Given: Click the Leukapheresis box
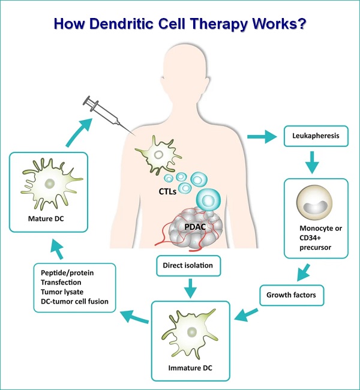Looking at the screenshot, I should pyautogui.click(x=315, y=136).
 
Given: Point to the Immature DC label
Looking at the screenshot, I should pyautogui.click(x=191, y=365).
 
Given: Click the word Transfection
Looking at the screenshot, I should pyautogui.click(x=56, y=282).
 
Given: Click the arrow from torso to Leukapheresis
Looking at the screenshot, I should pyautogui.click(x=261, y=136).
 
